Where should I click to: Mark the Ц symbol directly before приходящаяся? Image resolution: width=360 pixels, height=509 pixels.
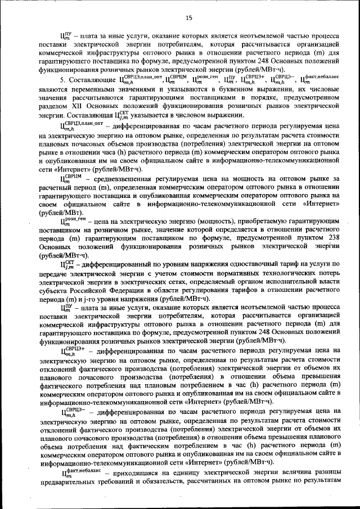71,475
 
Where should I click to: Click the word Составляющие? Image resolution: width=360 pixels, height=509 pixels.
91,80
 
